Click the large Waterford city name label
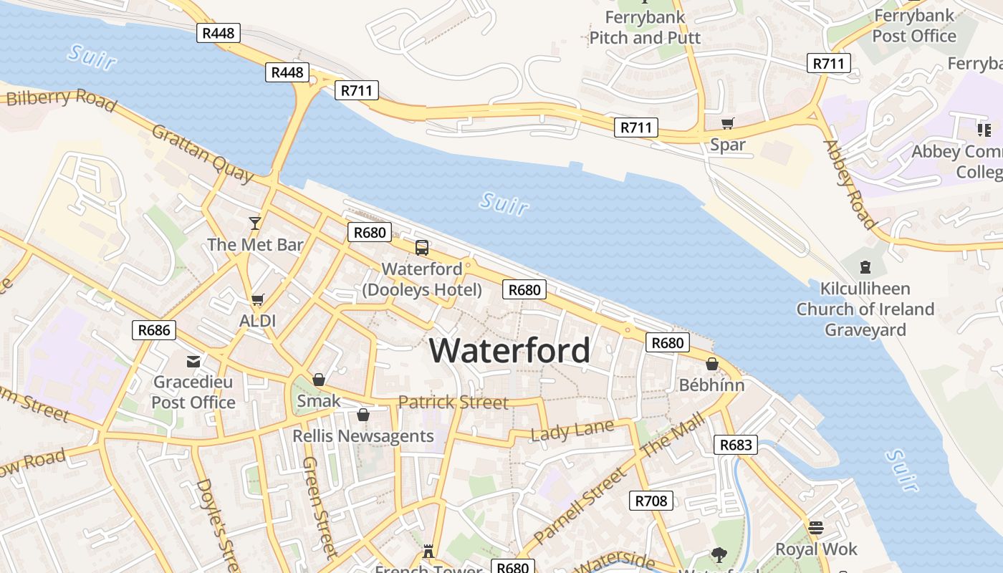click(x=510, y=350)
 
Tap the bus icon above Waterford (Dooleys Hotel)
click(x=422, y=248)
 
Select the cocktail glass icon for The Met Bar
click(x=254, y=223)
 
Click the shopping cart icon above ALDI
click(x=257, y=299)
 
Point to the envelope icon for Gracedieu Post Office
click(x=193, y=361)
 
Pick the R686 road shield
click(x=154, y=330)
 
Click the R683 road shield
click(x=735, y=445)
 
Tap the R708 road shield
click(x=651, y=501)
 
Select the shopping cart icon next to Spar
click(x=728, y=123)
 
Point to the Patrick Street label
click(x=453, y=402)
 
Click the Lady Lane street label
click(x=572, y=431)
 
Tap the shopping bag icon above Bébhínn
click(x=711, y=364)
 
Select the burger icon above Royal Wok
click(x=815, y=528)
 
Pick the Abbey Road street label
click(x=850, y=184)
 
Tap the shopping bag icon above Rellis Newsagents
click(x=363, y=415)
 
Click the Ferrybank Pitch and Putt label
click(x=644, y=27)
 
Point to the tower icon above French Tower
click(x=428, y=552)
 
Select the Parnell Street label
click(x=579, y=506)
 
